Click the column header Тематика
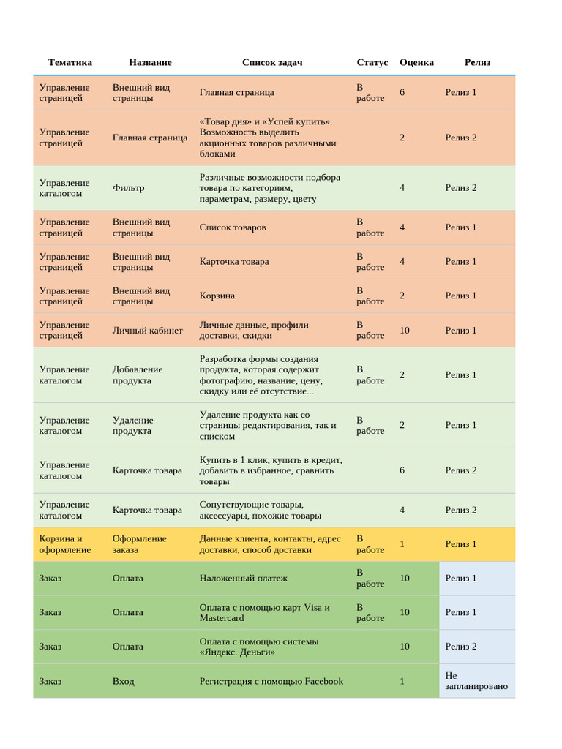coord(70,62)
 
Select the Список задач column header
coord(272,62)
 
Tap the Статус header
coord(372,62)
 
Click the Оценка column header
coord(416,62)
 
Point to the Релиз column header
coord(477,62)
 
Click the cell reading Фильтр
coord(128,188)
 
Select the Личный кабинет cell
coord(148,330)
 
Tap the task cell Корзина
coord(217,296)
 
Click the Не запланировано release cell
coord(476,681)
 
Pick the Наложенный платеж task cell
coord(244,578)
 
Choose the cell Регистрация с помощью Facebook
coord(271,681)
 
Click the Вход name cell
coord(123,681)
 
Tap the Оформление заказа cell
coord(139,544)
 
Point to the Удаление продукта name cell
coord(132,425)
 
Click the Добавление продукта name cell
coord(138,375)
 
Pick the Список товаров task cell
coord(233,227)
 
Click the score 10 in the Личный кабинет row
coord(405,330)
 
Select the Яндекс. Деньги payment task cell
coord(259,647)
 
